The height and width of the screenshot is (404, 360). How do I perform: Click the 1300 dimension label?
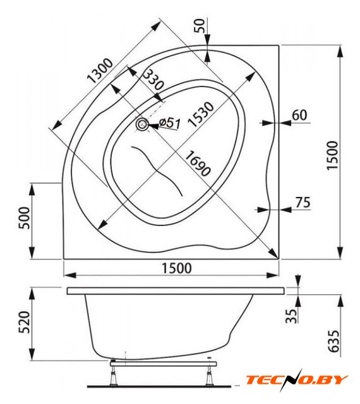click(100, 70)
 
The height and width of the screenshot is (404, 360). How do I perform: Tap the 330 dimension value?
click(153, 80)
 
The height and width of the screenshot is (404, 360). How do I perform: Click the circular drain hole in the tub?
click(142, 125)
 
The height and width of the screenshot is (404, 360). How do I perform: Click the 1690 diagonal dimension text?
click(198, 163)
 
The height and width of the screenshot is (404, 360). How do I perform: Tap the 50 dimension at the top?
click(200, 25)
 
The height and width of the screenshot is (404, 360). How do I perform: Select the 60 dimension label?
click(299, 115)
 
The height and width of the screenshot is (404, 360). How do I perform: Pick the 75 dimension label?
click(303, 202)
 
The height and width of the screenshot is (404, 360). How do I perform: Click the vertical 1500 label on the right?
click(332, 155)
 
